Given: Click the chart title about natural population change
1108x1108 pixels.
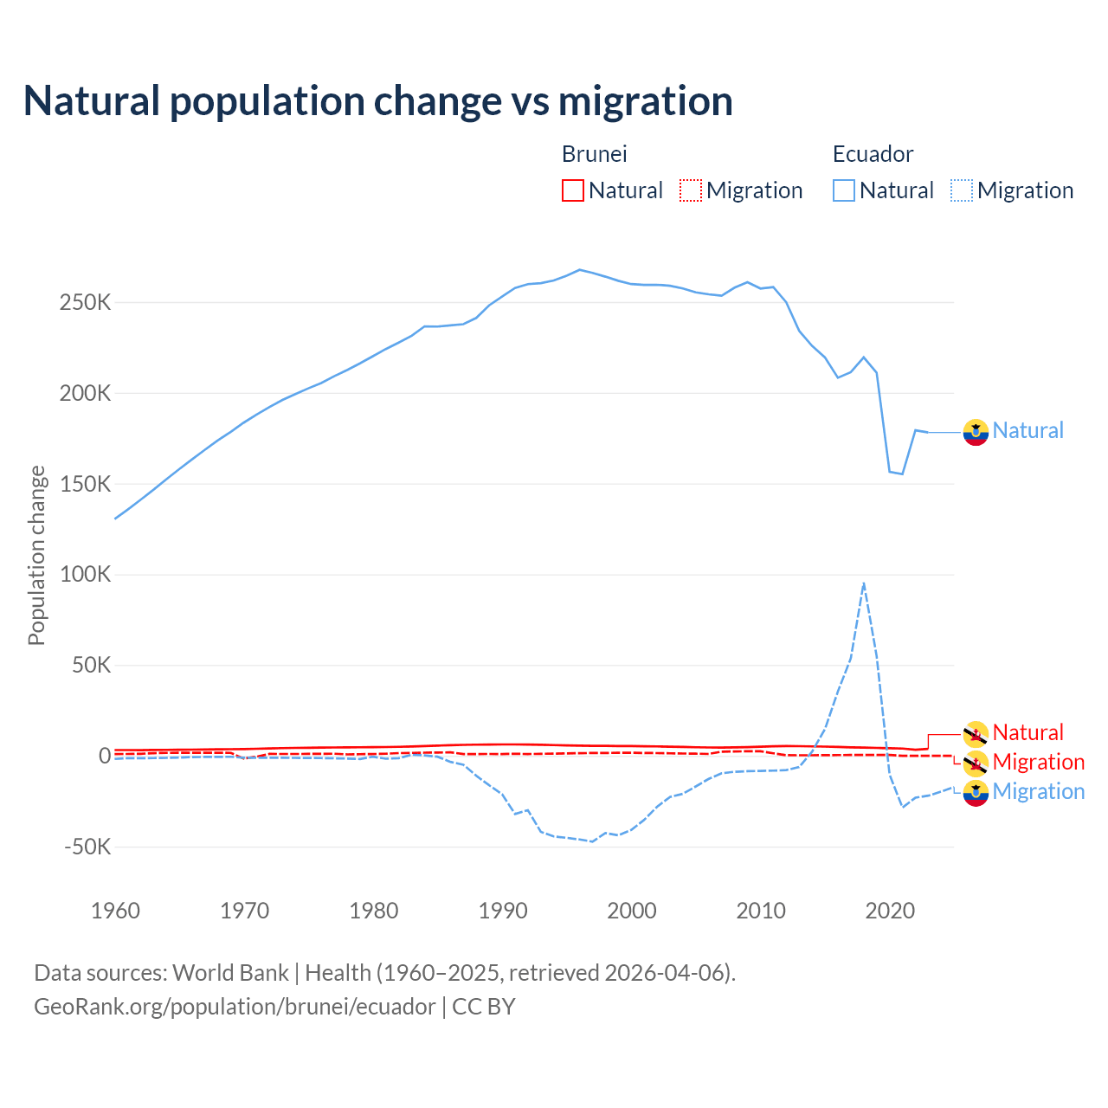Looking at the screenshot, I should pos(378,101).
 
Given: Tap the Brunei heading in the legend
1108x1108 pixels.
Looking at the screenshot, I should pos(594,154).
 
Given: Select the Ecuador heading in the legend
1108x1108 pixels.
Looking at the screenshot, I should pos(873,154).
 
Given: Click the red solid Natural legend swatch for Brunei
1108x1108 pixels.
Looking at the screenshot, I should pos(573,190).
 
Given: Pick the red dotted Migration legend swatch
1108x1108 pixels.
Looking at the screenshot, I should pos(691,190).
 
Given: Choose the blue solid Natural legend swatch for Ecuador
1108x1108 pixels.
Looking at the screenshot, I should pos(844,190).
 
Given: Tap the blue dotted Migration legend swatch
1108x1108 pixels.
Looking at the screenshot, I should pos(962,190).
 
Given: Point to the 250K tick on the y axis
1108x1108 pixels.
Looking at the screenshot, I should pos(86,303).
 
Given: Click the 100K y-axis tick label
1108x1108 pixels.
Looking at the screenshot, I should pos(86,575).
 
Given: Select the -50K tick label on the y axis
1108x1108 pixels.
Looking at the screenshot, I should pos(87,847).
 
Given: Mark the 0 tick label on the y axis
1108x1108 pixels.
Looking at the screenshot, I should pos(105,756).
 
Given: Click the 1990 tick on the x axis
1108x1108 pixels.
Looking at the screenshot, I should pos(503,911).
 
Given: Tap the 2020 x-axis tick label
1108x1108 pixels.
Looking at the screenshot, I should pos(890,911).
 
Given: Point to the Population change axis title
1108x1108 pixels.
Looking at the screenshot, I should pos(36,555).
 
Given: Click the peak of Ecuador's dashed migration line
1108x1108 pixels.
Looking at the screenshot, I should pos(864,584).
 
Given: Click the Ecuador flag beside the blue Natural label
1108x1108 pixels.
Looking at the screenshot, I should pos(976,432).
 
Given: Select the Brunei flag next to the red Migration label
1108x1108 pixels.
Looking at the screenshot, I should pos(976,763).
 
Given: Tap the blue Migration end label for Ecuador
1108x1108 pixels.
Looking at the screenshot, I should pos(1038,791).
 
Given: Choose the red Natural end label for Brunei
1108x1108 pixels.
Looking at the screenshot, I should pos(1027,732).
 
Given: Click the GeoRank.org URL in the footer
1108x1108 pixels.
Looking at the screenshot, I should pos(235,1007).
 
